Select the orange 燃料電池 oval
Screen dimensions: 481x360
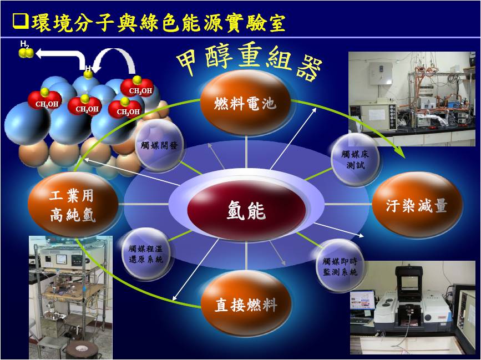click(x=245, y=103)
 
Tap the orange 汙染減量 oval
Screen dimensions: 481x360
click(x=417, y=205)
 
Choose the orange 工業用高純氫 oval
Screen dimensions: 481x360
click(x=73, y=205)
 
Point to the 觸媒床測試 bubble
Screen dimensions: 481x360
click(x=355, y=159)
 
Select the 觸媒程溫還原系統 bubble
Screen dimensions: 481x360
click(x=146, y=254)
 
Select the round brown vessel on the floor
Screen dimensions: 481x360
click(x=80, y=349)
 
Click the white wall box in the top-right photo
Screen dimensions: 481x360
click(x=381, y=73)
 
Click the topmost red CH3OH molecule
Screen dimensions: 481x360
click(x=136, y=87)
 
